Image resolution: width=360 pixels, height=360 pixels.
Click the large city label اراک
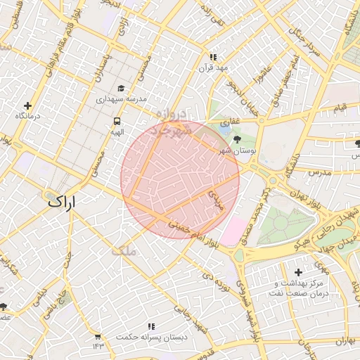coord(61,200)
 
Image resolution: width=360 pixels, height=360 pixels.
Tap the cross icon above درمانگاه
coord(28,105)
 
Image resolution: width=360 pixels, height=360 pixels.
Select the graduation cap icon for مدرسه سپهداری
coord(121,89)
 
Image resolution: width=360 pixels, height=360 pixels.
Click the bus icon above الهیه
coord(116,121)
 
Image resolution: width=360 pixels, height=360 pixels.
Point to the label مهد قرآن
coord(214,67)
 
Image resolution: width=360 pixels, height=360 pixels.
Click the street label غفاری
coord(230,122)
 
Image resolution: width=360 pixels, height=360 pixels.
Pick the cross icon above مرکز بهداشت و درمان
coord(298,272)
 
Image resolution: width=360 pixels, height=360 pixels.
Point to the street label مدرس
coord(318,172)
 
